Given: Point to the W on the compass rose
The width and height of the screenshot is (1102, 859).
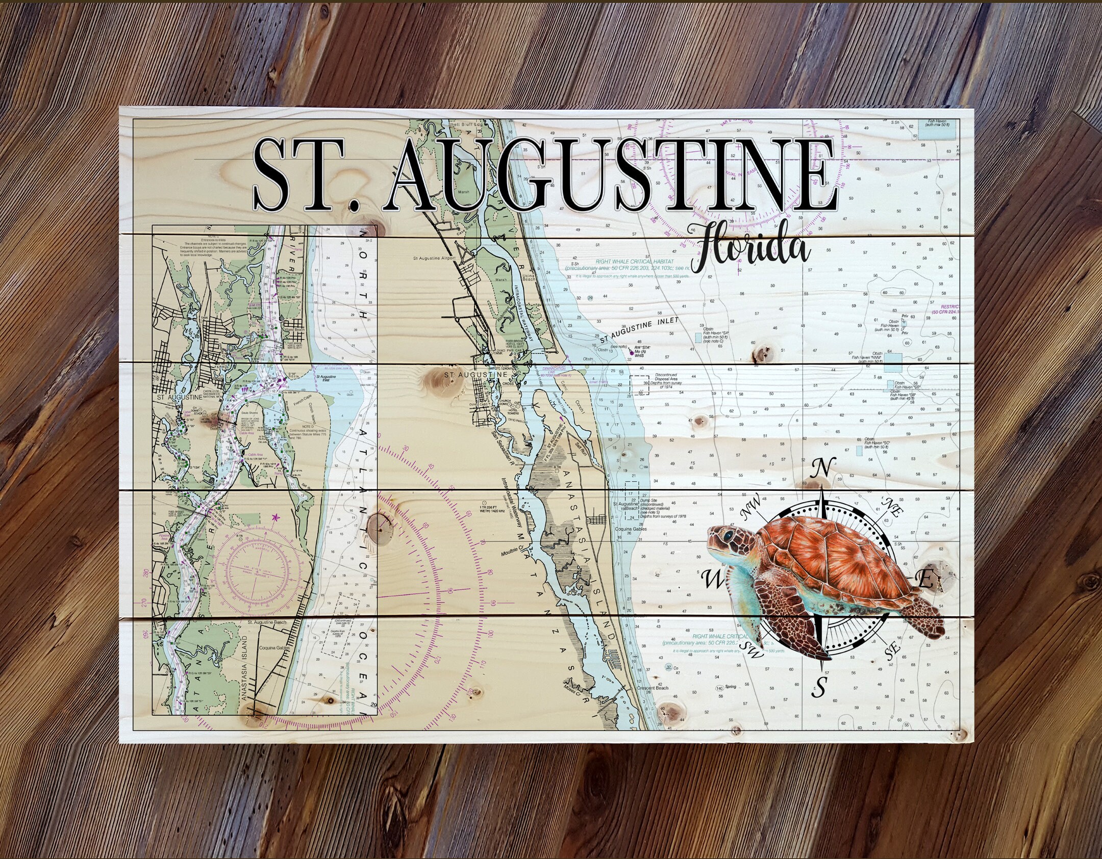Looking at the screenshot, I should point(713,579).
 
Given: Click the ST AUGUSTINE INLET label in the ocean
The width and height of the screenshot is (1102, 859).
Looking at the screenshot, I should point(640,329).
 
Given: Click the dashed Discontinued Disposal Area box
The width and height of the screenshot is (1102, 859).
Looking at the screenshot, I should point(632,384).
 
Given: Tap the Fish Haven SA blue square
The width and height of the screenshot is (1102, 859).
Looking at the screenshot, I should point(698,337).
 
